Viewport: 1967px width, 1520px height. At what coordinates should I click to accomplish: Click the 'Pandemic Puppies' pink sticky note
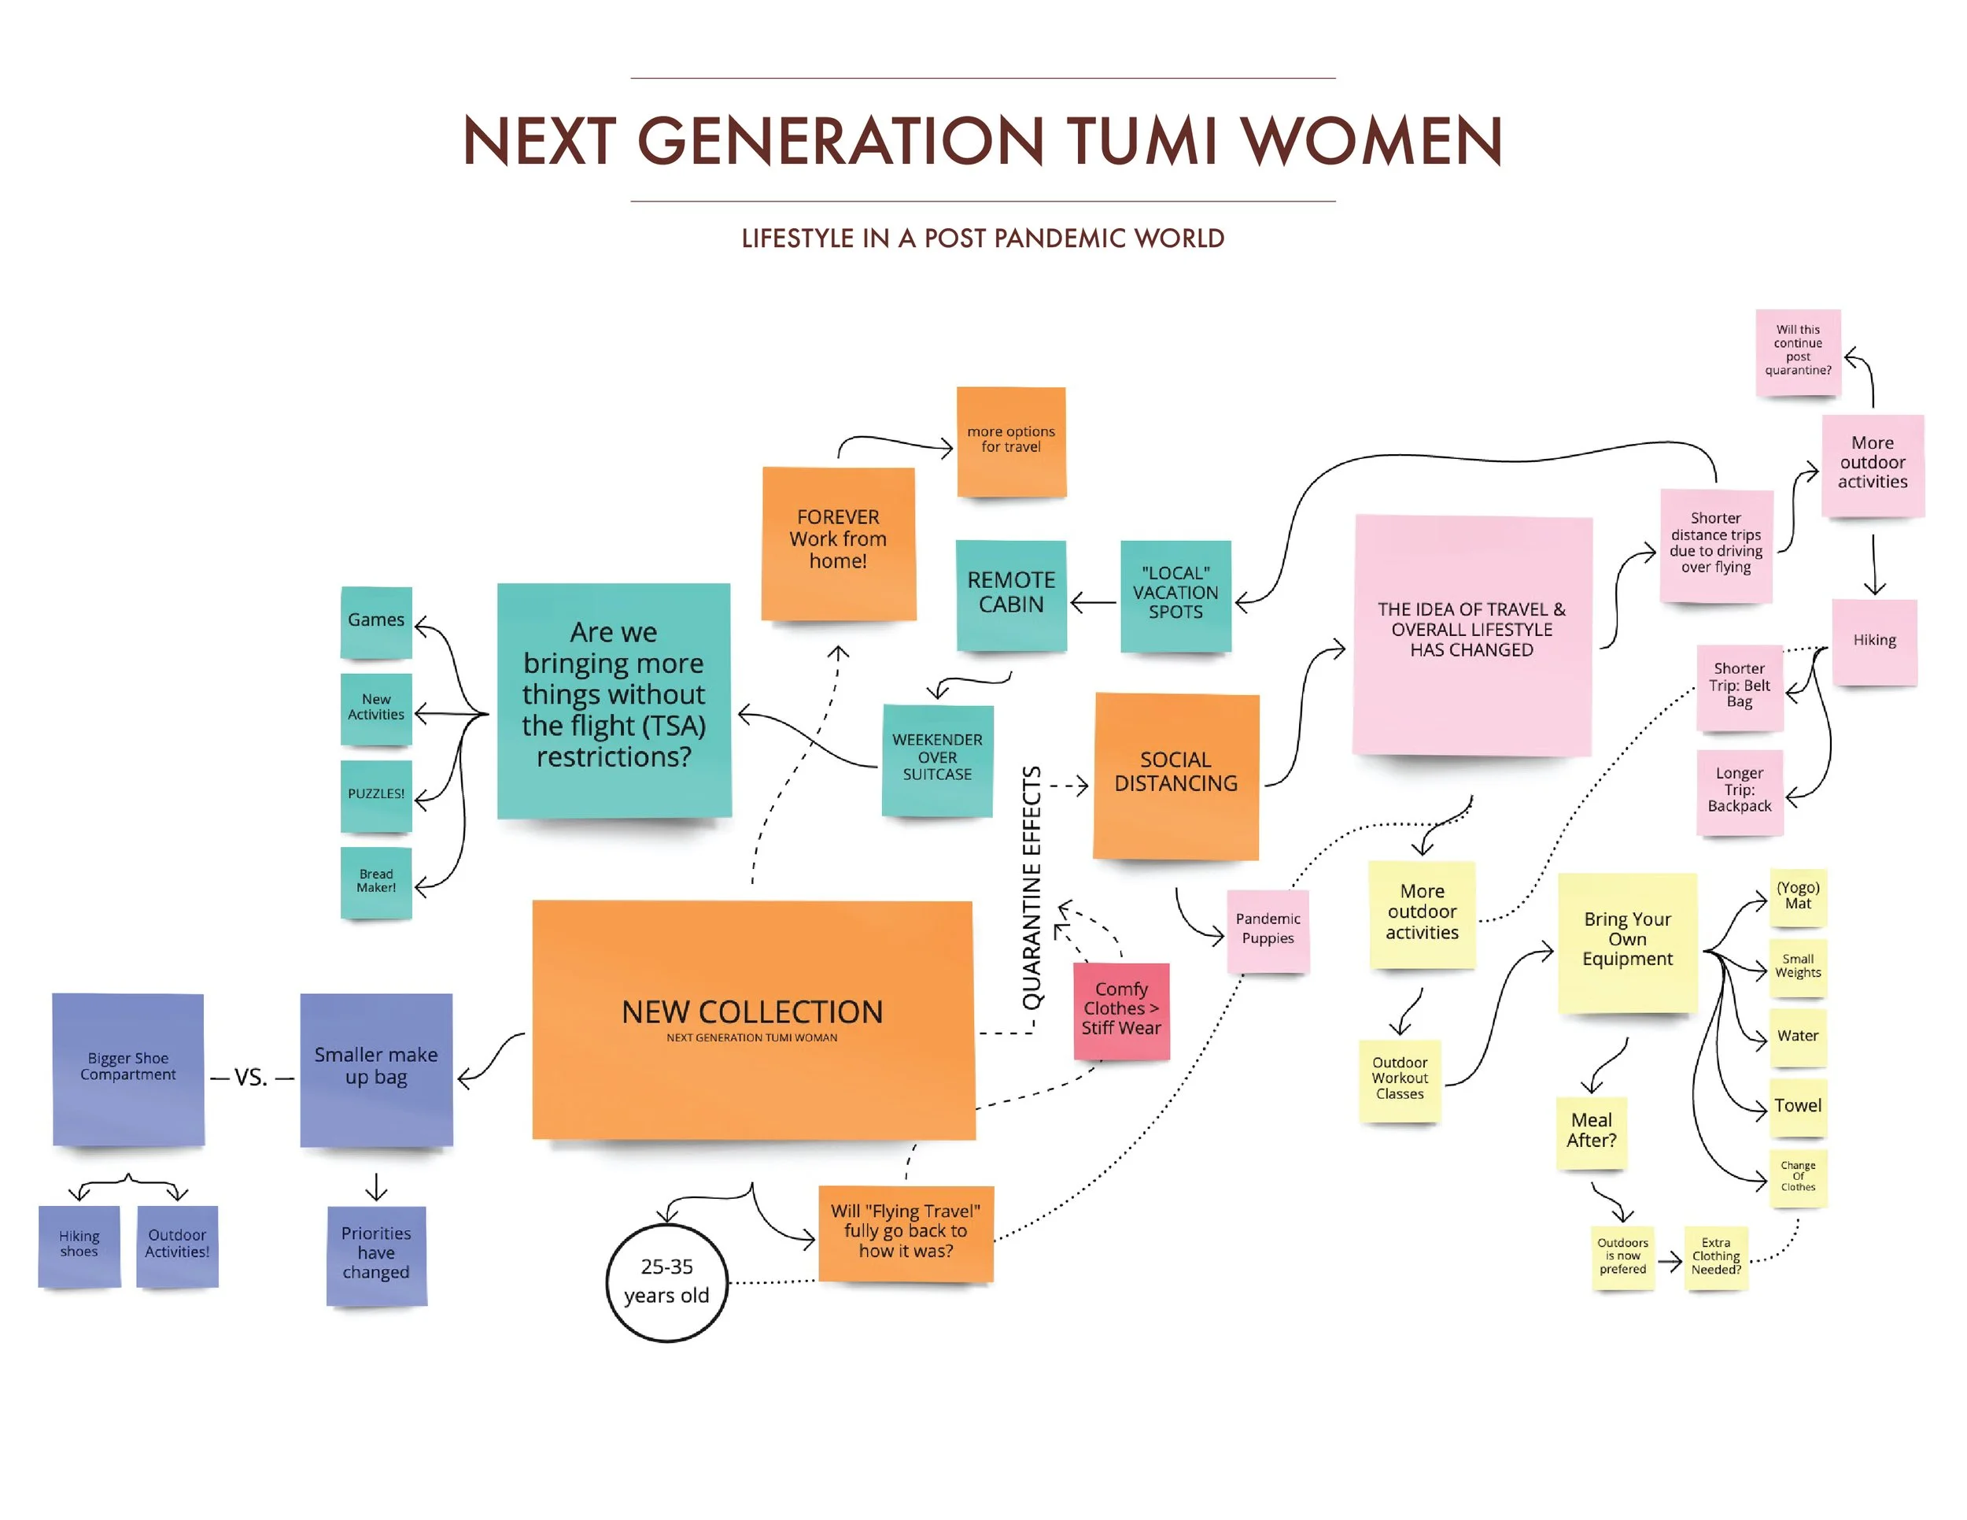(x=1268, y=930)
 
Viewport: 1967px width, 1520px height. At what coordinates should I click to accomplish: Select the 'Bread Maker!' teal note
(x=375, y=881)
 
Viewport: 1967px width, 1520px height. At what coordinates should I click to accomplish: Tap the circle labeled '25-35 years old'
(x=666, y=1281)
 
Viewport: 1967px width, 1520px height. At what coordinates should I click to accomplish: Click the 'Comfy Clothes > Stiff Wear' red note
(x=1120, y=1009)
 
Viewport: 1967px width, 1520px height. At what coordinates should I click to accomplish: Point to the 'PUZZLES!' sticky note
(x=375, y=795)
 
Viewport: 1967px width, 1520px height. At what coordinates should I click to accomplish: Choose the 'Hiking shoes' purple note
(x=79, y=1244)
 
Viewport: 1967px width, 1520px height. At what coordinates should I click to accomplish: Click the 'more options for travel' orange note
(x=1010, y=441)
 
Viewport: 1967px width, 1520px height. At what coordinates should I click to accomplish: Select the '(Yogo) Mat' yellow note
(x=1797, y=896)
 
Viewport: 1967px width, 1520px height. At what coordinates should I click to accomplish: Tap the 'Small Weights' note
(x=1797, y=966)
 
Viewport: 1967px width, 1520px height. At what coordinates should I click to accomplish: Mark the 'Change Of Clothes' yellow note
(x=1797, y=1176)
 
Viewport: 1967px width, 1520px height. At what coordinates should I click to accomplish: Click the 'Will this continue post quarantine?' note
(x=1797, y=350)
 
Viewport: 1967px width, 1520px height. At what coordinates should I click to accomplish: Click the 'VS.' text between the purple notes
(x=251, y=1078)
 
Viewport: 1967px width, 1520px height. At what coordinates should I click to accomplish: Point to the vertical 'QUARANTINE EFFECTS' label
(x=1031, y=886)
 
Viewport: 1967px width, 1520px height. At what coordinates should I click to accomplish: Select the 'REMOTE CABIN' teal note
(x=1010, y=593)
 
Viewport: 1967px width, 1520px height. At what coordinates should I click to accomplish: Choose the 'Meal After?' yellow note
(x=1591, y=1131)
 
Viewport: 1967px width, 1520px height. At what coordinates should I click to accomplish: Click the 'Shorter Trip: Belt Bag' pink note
(x=1738, y=686)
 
